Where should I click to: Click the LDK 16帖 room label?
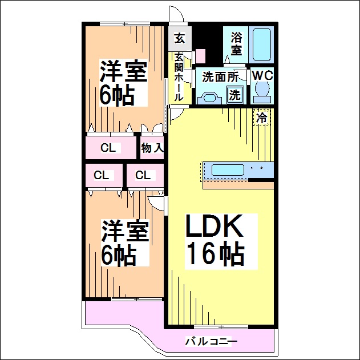point(215,241)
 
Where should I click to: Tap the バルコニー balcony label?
point(211,342)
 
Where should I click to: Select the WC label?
point(262,75)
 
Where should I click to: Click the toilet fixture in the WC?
point(262,92)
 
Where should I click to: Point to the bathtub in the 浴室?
point(262,45)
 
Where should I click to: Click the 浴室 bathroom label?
point(236,43)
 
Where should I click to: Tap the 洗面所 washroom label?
point(220,77)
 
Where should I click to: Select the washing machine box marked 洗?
point(234,94)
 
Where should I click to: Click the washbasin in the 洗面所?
point(209,98)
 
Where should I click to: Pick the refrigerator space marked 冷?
point(262,118)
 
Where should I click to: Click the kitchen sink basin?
point(228,170)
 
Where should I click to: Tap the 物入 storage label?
point(152,148)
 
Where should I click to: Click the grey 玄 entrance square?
point(180,38)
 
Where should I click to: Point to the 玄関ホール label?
point(179,76)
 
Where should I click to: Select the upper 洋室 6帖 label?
point(123,83)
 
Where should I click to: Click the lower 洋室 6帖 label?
point(125,243)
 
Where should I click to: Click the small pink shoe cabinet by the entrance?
point(200,55)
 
